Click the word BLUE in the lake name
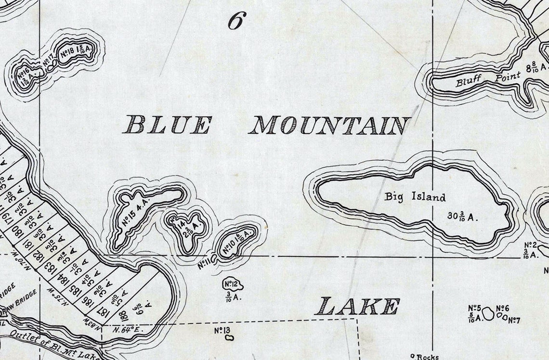pos(167,125)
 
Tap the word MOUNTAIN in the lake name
pos(330,126)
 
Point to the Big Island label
pos(415,196)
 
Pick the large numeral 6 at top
pos(237,20)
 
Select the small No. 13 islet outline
pos(229,338)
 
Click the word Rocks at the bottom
pos(427,357)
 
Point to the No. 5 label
pos(475,308)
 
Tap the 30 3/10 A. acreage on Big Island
pos(463,216)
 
